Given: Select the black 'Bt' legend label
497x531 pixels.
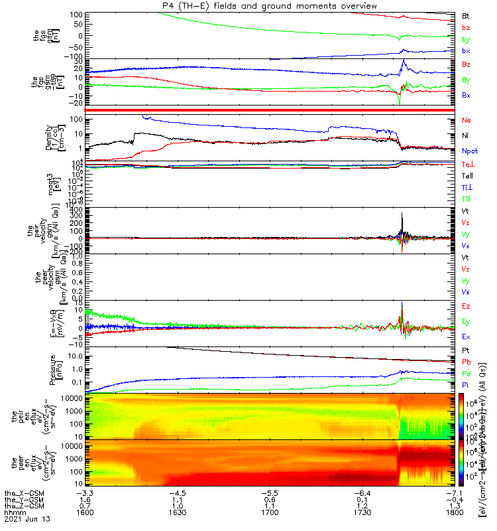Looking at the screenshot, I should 466,15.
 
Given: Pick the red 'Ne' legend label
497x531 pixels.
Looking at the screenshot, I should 467,120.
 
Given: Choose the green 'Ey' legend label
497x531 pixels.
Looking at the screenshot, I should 467,321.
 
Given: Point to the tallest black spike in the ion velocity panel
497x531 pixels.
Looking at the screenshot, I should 402,214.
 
